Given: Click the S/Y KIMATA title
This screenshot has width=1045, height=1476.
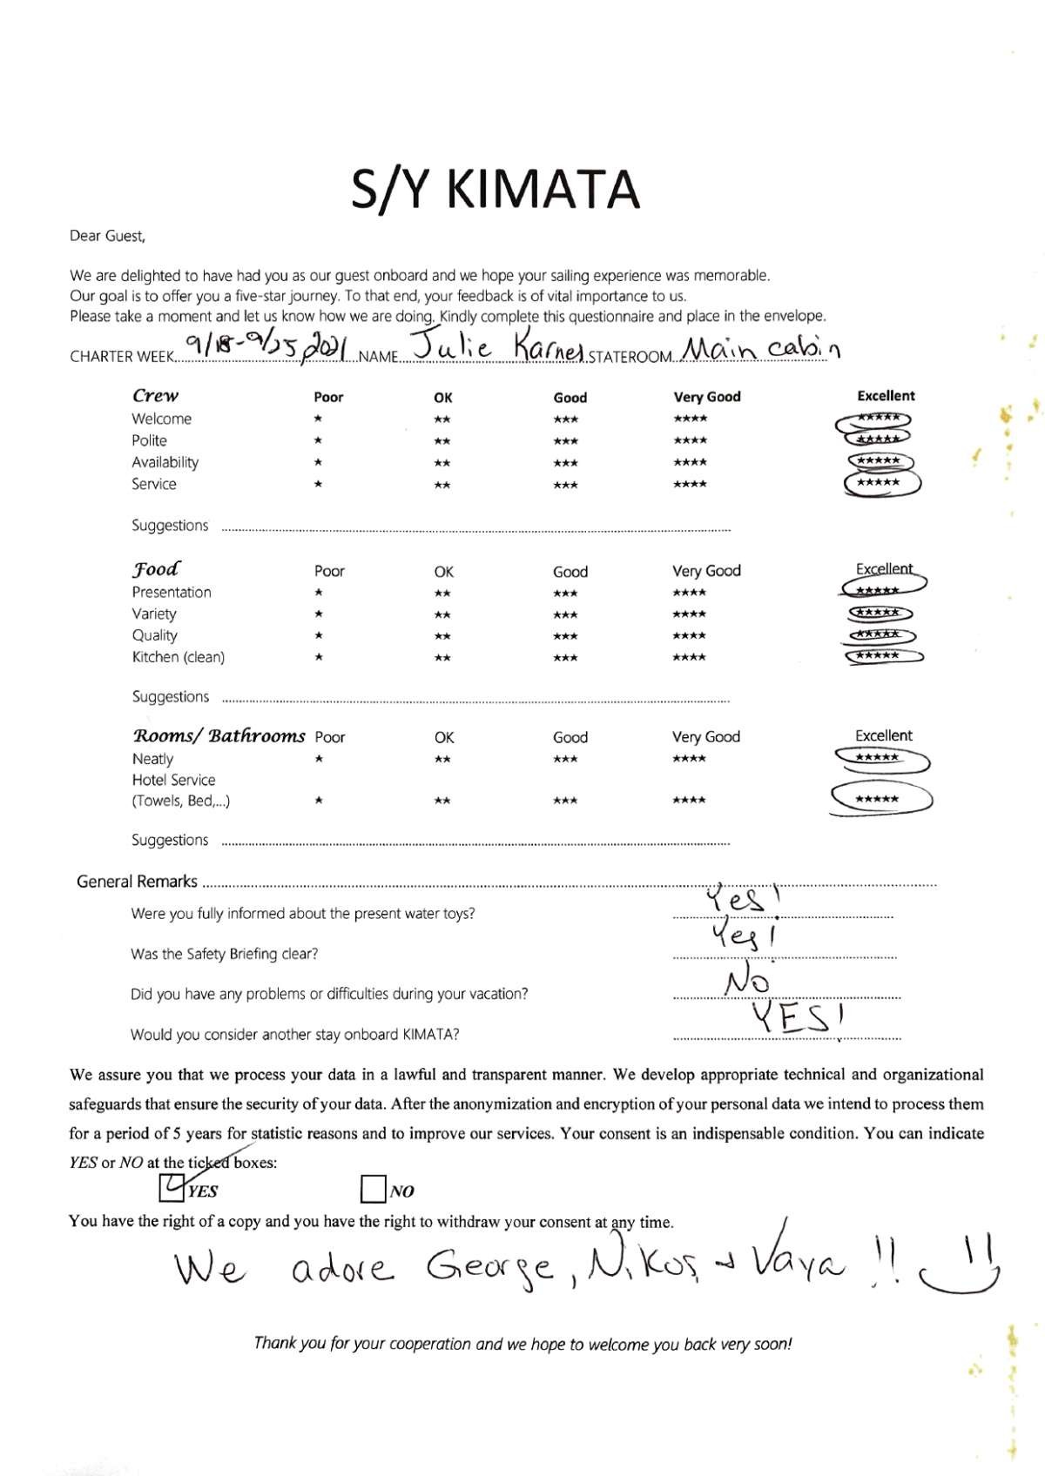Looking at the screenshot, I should pyautogui.click(x=495, y=190).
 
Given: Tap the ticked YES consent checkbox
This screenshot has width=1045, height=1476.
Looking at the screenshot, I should pyautogui.click(x=172, y=1188).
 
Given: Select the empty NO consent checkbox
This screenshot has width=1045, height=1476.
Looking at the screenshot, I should pyautogui.click(x=373, y=1189).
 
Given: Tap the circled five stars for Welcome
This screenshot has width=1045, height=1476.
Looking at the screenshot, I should pyautogui.click(x=876, y=420).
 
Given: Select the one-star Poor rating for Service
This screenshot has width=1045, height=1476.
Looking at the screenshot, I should pyautogui.click(x=319, y=484).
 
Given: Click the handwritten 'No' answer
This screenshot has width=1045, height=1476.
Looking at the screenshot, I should pyautogui.click(x=747, y=982).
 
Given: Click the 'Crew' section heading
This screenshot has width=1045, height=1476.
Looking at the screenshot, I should pyautogui.click(x=155, y=396).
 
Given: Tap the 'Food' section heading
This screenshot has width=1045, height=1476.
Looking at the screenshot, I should pyautogui.click(x=156, y=570).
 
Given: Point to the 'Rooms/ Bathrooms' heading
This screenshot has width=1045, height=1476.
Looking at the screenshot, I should pyautogui.click(x=219, y=736).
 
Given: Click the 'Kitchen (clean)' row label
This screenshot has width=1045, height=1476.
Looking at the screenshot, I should pyautogui.click(x=178, y=657).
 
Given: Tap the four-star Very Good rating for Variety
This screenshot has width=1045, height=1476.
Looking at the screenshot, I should pyautogui.click(x=689, y=614).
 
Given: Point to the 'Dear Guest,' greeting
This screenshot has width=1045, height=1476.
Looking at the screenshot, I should pyautogui.click(x=107, y=236).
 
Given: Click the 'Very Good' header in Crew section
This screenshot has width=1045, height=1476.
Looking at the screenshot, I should pyautogui.click(x=706, y=397).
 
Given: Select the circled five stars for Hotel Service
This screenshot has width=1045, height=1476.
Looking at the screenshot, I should pyautogui.click(x=879, y=800).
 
